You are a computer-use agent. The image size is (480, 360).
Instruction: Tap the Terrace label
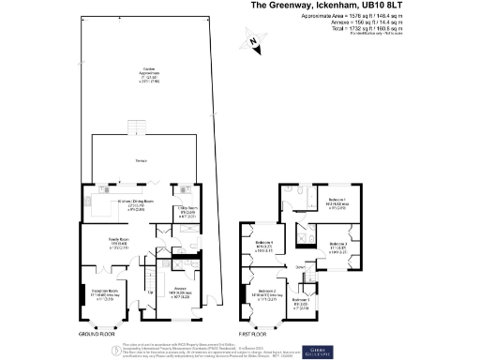pyautogui.click(x=142, y=160)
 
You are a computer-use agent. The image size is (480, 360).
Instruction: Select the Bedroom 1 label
pyautogui.click(x=337, y=200)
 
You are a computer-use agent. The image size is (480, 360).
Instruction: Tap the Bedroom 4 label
pyautogui.click(x=263, y=247)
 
